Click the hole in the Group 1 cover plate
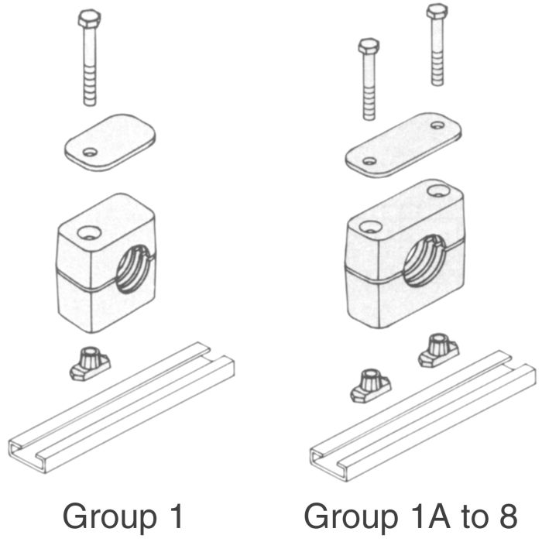(x=91, y=152)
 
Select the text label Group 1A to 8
(x=408, y=516)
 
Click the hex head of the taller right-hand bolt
(x=437, y=12)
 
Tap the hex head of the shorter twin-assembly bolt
(x=367, y=47)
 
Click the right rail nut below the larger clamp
(x=434, y=350)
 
